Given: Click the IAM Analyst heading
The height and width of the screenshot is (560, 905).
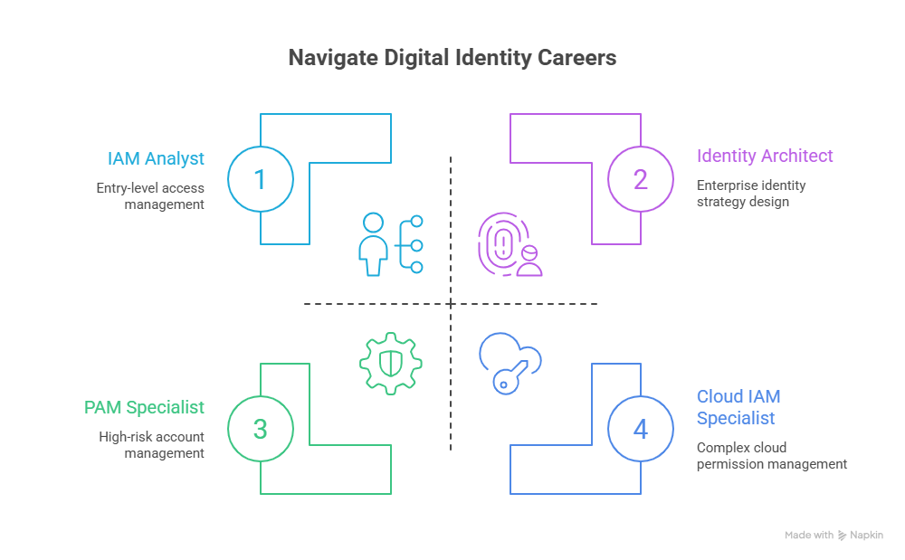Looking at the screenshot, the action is click(x=156, y=158).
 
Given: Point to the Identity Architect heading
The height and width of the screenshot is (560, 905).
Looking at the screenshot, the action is click(x=765, y=156).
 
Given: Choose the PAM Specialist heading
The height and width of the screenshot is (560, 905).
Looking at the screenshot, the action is click(x=144, y=407).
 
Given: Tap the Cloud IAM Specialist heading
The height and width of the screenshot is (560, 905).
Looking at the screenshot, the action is click(x=738, y=407).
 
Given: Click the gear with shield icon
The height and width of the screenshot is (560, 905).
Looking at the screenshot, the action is click(x=391, y=364).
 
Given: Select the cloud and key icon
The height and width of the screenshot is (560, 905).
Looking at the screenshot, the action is click(x=510, y=364).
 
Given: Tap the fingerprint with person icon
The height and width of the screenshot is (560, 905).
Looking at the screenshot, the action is click(x=510, y=244).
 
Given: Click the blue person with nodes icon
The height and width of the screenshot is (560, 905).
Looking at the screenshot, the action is click(x=391, y=244).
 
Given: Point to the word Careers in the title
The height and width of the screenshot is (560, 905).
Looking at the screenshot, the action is click(x=576, y=58).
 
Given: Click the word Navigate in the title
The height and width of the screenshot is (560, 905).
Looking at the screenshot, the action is click(x=333, y=58).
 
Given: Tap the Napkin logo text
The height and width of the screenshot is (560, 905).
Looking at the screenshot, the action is click(x=866, y=536).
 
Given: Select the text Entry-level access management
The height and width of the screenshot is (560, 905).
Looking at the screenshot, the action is click(x=150, y=196).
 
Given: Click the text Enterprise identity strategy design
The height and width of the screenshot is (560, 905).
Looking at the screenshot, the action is click(x=751, y=194).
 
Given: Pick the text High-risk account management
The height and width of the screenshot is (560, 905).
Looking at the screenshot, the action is click(x=151, y=445).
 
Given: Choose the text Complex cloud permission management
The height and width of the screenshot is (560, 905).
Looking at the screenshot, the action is click(x=772, y=456).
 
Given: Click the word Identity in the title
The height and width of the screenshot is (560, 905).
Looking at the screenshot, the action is click(x=491, y=58).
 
